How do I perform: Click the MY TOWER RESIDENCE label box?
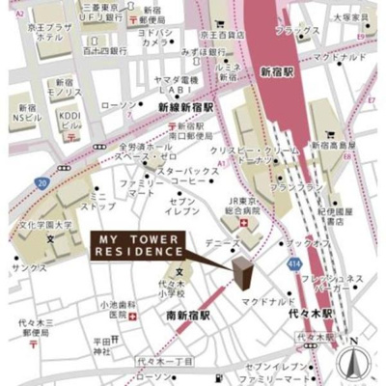(x=139, y=245)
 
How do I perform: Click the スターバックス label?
(x=189, y=171)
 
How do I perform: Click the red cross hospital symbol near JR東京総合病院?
(x=244, y=224)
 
